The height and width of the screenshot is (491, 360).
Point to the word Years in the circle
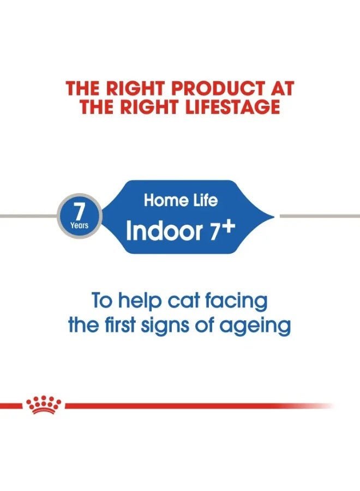point(79,225)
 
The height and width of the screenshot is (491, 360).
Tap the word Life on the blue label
point(204,200)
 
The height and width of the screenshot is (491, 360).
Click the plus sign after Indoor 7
point(227,227)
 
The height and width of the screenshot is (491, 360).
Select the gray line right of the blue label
point(320,216)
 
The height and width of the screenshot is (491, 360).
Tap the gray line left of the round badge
point(27,216)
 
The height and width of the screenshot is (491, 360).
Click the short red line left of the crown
point(12,405)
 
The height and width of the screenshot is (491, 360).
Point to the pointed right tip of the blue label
point(273,217)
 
